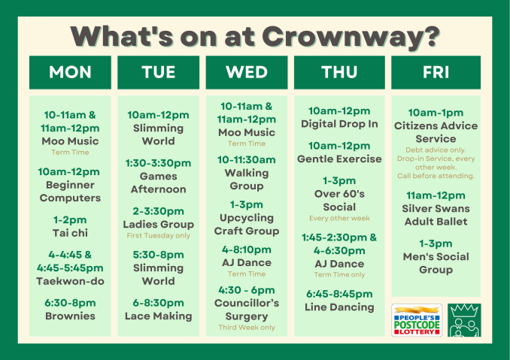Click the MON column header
[x=70, y=72]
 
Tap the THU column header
[x=339, y=72]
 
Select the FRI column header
[x=436, y=72]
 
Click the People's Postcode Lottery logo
[x=417, y=320]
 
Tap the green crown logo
[x=464, y=320]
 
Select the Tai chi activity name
[x=70, y=233]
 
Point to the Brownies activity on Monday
[x=70, y=316]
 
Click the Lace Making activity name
[x=159, y=316]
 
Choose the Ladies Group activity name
[x=159, y=225]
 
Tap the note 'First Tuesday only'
[x=159, y=235]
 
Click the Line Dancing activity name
[x=339, y=307]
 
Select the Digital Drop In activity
[x=339, y=124]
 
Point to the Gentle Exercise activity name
[x=339, y=159]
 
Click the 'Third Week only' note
[x=247, y=328]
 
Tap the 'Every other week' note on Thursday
[x=339, y=218]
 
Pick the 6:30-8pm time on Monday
[x=70, y=303]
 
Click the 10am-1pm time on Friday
[x=436, y=113]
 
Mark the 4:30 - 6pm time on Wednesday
[x=247, y=290]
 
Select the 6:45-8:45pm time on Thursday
[x=339, y=294]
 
